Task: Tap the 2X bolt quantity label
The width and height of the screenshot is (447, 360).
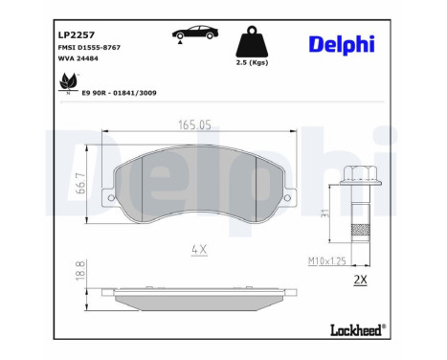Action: coord(360,280)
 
